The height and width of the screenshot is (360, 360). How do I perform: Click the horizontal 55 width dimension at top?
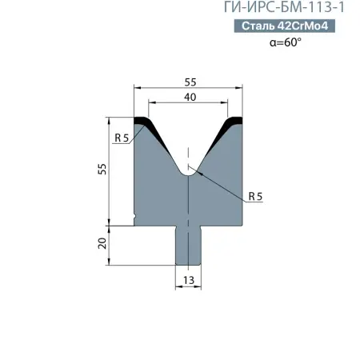[190, 82]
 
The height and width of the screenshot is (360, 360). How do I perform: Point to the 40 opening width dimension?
[189, 97]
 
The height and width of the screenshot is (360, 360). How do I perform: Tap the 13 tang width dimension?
[189, 279]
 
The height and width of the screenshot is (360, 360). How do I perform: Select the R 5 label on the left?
[122, 138]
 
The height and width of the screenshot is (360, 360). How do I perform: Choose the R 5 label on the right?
[256, 195]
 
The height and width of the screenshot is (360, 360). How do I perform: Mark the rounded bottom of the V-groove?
[189, 170]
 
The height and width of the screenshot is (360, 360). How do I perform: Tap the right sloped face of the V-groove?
[214, 148]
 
